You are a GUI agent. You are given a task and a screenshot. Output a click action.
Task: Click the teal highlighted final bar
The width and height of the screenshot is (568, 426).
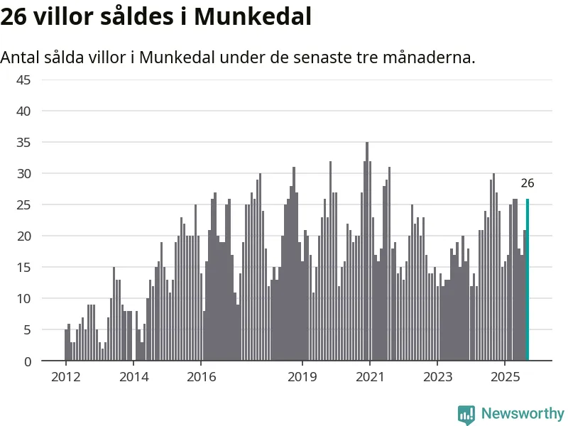point(528,280)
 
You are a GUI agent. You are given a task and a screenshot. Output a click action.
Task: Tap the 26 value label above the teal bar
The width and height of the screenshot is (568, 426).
point(528,183)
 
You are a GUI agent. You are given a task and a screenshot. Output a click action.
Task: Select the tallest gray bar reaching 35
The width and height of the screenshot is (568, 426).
point(367,252)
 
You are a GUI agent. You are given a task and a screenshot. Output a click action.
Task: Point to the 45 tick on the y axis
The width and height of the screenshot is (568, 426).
point(23,80)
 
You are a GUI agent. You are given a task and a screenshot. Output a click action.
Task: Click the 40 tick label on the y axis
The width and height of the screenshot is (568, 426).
point(23,111)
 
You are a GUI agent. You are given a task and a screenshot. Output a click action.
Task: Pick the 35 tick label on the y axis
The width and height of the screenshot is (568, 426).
point(23,142)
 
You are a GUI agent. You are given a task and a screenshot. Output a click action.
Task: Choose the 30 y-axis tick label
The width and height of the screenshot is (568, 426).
point(23,173)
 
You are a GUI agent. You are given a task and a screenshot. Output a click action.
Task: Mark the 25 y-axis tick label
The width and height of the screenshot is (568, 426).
point(23,204)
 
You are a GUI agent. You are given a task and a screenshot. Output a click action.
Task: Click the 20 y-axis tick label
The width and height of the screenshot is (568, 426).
point(23,236)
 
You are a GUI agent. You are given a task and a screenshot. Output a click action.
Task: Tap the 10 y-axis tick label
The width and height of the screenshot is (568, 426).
point(23,298)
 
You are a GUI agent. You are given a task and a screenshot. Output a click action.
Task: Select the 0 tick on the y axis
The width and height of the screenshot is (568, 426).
point(27,361)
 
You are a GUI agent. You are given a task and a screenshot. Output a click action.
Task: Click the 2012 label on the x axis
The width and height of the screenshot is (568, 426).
point(65,376)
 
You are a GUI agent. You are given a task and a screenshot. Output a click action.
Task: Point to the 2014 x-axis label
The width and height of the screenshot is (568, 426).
point(133,376)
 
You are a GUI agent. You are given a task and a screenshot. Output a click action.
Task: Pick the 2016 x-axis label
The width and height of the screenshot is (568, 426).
point(201,376)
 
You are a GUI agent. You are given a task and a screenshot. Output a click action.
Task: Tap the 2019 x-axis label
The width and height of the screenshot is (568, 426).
point(302,376)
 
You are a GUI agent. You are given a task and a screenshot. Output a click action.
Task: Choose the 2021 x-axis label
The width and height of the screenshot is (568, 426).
point(370,376)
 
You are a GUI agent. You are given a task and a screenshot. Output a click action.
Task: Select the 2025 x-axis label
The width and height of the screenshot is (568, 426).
point(505,376)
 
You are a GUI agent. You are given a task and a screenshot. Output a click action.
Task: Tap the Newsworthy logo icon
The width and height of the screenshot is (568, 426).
point(466,415)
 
